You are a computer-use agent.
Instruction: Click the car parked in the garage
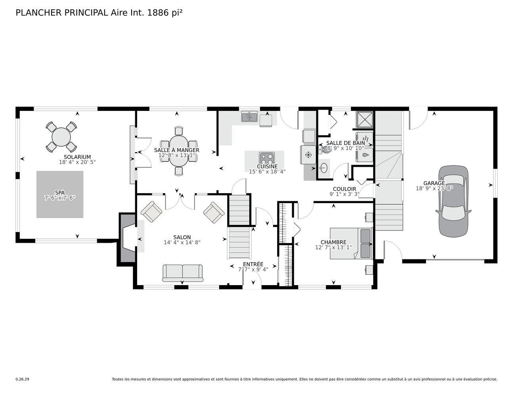click(453, 201)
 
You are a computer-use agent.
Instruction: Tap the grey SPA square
click(60, 194)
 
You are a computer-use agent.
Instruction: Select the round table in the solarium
click(61, 137)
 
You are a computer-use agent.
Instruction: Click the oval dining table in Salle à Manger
click(179, 151)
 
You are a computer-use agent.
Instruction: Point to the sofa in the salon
click(182, 273)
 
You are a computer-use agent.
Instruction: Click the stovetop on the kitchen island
click(267, 158)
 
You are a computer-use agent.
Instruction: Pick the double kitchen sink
click(249, 117)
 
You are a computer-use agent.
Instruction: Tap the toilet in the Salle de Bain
click(325, 149)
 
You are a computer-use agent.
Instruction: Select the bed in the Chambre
click(351, 243)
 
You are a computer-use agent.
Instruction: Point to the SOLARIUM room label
click(77, 157)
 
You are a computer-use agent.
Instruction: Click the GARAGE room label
click(434, 183)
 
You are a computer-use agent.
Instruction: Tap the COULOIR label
click(345, 189)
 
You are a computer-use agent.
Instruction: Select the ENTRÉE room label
click(253, 264)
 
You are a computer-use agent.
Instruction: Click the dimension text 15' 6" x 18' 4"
click(267, 171)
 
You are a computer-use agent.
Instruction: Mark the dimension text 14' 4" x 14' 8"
click(182, 242)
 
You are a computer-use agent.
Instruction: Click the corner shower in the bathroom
click(365, 119)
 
